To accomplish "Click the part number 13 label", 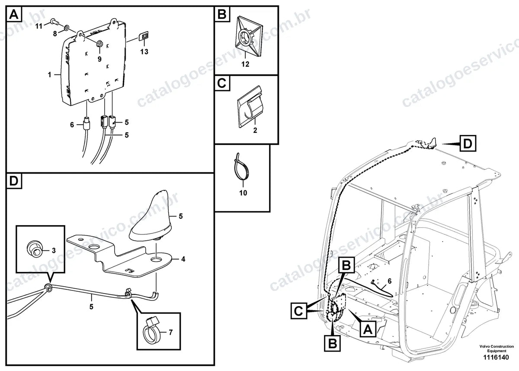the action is (x=144, y=52).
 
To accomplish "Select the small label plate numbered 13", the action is (x=144, y=36).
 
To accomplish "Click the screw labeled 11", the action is (x=54, y=22).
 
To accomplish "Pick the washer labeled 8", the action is (x=66, y=28).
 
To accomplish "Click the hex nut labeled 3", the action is (x=35, y=249).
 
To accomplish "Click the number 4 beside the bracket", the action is (x=183, y=259).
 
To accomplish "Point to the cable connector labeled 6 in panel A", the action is (x=86, y=125).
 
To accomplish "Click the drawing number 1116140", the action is (x=496, y=357).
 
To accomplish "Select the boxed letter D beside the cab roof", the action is (x=468, y=144).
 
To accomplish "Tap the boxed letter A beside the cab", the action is (x=368, y=329).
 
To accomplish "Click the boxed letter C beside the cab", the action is (x=299, y=310).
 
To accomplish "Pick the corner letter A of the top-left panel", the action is (x=14, y=14).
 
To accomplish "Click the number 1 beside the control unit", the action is (x=50, y=74).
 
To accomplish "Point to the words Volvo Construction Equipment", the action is (x=497, y=348).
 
